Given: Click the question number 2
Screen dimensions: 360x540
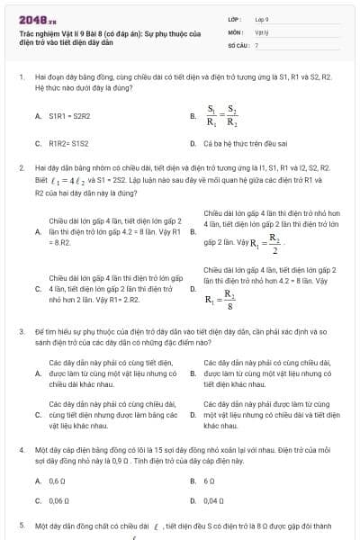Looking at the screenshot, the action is point(20,167).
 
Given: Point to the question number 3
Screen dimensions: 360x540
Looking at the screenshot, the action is point(20,331).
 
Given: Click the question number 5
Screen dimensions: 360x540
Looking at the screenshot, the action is point(20,524).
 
